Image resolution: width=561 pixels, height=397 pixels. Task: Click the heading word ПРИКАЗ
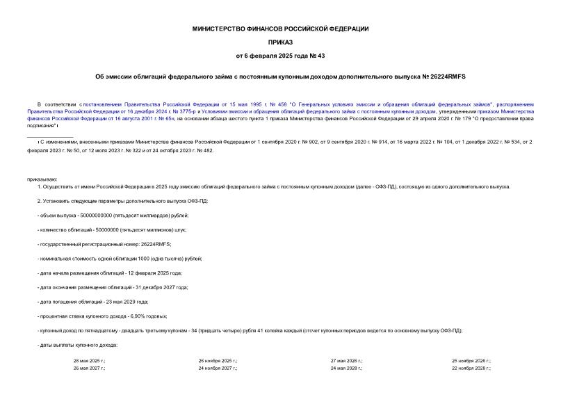click(280, 42)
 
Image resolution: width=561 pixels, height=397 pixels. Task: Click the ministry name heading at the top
click(280, 29)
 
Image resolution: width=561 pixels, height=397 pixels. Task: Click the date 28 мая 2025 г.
click(88, 361)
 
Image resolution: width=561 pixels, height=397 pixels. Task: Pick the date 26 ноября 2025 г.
click(217, 361)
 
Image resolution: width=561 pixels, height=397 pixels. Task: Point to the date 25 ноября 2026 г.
click(471, 361)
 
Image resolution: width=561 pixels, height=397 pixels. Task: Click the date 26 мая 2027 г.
click(88, 368)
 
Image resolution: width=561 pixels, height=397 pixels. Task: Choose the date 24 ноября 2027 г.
click(217, 368)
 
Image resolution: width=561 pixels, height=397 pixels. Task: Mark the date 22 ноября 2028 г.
click(471, 368)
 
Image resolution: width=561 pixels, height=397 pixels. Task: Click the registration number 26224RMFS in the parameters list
click(155, 244)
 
